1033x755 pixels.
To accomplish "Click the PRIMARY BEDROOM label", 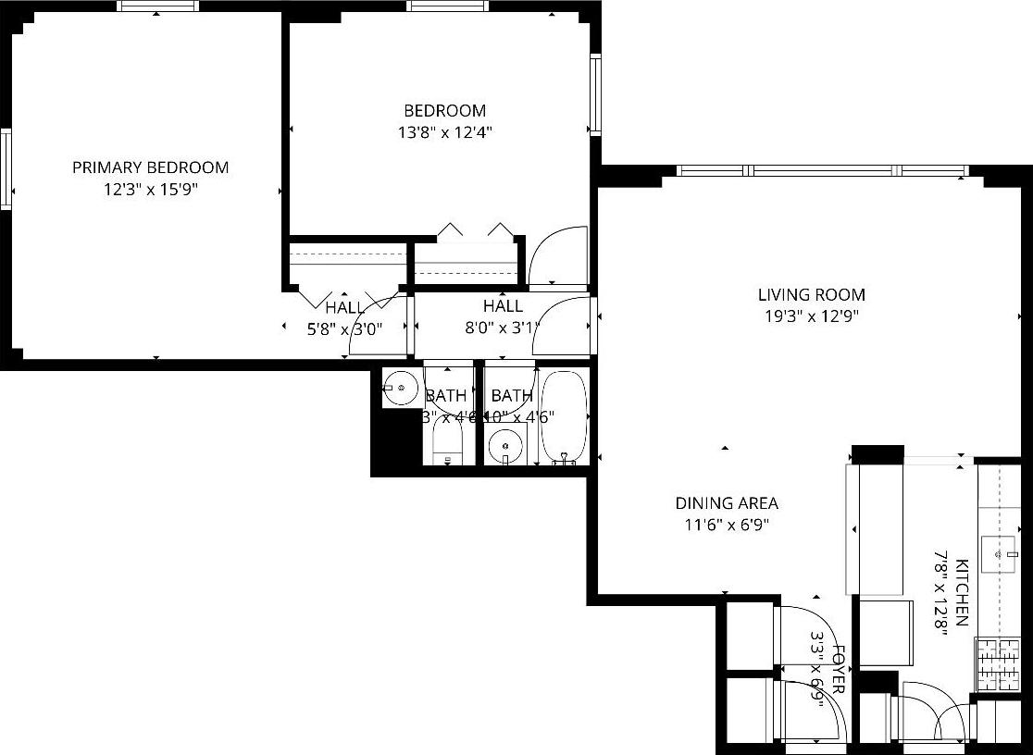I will coord(150,167).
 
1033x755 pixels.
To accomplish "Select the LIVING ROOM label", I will coord(812,295).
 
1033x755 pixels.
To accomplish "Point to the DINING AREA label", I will coord(727,503).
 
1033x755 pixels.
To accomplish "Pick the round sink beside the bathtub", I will coord(505,445).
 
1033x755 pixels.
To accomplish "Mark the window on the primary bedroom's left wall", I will coord(6,168).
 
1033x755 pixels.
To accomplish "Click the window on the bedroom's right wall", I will coord(595,94).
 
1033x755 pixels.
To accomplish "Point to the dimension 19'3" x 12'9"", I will coord(812,316).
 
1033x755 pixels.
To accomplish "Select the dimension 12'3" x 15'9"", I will coord(150,190).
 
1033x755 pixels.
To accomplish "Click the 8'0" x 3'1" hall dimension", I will coord(503,327).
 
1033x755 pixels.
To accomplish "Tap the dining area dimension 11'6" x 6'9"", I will coord(727,525).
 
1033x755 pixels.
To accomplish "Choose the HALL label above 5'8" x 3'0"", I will coord(345,307).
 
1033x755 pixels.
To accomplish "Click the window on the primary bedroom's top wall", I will coord(157,6).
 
